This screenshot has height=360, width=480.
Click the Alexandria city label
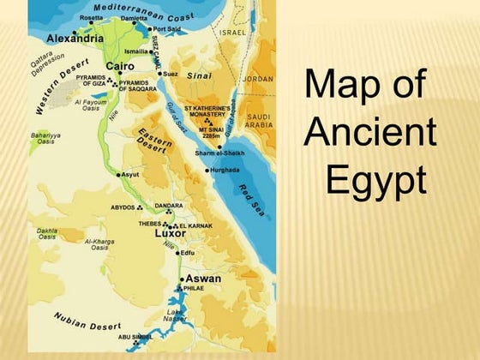(x=75, y=39)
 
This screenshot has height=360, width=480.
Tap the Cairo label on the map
(x=119, y=66)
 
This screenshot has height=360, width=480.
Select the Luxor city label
(x=170, y=233)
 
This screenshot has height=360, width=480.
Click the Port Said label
(x=166, y=29)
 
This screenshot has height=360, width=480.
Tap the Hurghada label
(x=224, y=170)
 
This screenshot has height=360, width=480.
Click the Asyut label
(x=130, y=174)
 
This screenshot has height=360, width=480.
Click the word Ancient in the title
(x=370, y=133)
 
